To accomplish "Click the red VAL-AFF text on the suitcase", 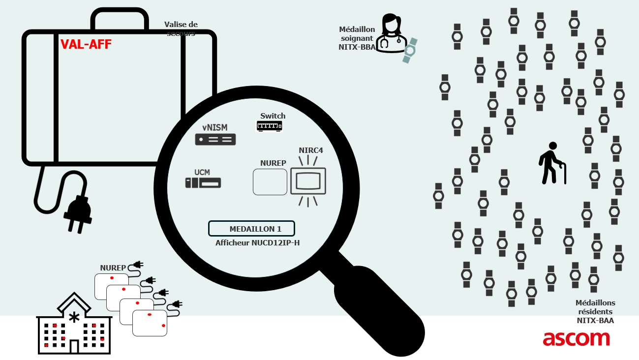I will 86,44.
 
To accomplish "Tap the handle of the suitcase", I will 120,19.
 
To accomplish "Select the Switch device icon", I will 269,126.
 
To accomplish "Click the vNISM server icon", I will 215,140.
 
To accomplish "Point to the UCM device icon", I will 203,183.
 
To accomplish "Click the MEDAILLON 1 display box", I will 251,229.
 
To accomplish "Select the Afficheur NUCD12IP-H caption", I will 257,243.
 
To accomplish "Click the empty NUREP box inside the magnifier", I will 270,181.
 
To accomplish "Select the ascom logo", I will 576,338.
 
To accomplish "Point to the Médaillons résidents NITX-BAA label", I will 595,312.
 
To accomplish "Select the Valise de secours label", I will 180,29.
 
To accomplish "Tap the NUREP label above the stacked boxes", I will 113,268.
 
